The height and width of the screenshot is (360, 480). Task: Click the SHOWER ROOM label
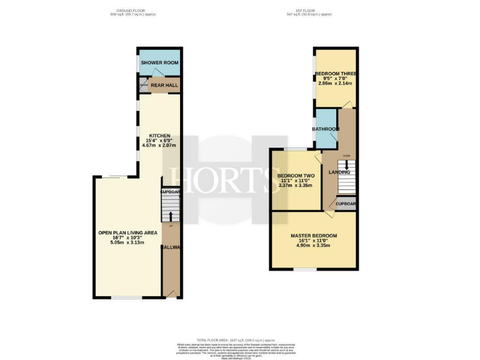[159, 63]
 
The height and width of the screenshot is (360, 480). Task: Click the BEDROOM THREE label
[336, 73]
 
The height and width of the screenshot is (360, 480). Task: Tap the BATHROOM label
[326, 129]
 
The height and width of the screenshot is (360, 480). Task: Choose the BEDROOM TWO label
[296, 176]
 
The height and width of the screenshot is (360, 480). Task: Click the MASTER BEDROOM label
[314, 236]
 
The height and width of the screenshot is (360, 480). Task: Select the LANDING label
[339, 172]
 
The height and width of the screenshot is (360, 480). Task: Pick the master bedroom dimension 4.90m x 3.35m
[314, 245]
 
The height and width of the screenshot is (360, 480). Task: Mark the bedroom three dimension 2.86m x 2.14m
[336, 83]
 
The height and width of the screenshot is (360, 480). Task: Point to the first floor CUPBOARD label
[346, 204]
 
